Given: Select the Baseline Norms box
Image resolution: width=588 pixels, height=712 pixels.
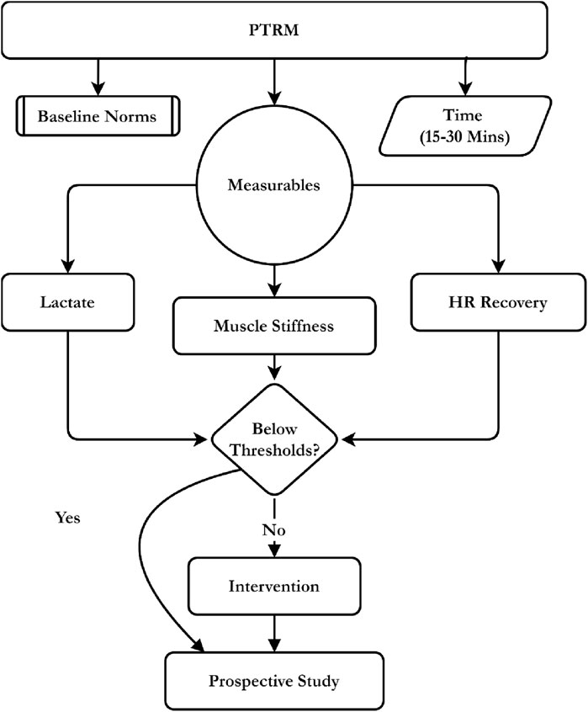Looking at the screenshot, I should point(97,116).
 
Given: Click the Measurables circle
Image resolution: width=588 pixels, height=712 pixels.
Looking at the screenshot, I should point(274,185).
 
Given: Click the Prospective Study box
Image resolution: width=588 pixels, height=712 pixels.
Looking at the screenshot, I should point(275,679).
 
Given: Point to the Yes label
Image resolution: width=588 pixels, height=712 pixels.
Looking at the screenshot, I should point(66,518).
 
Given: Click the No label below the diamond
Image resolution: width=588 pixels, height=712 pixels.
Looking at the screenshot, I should point(275,530).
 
